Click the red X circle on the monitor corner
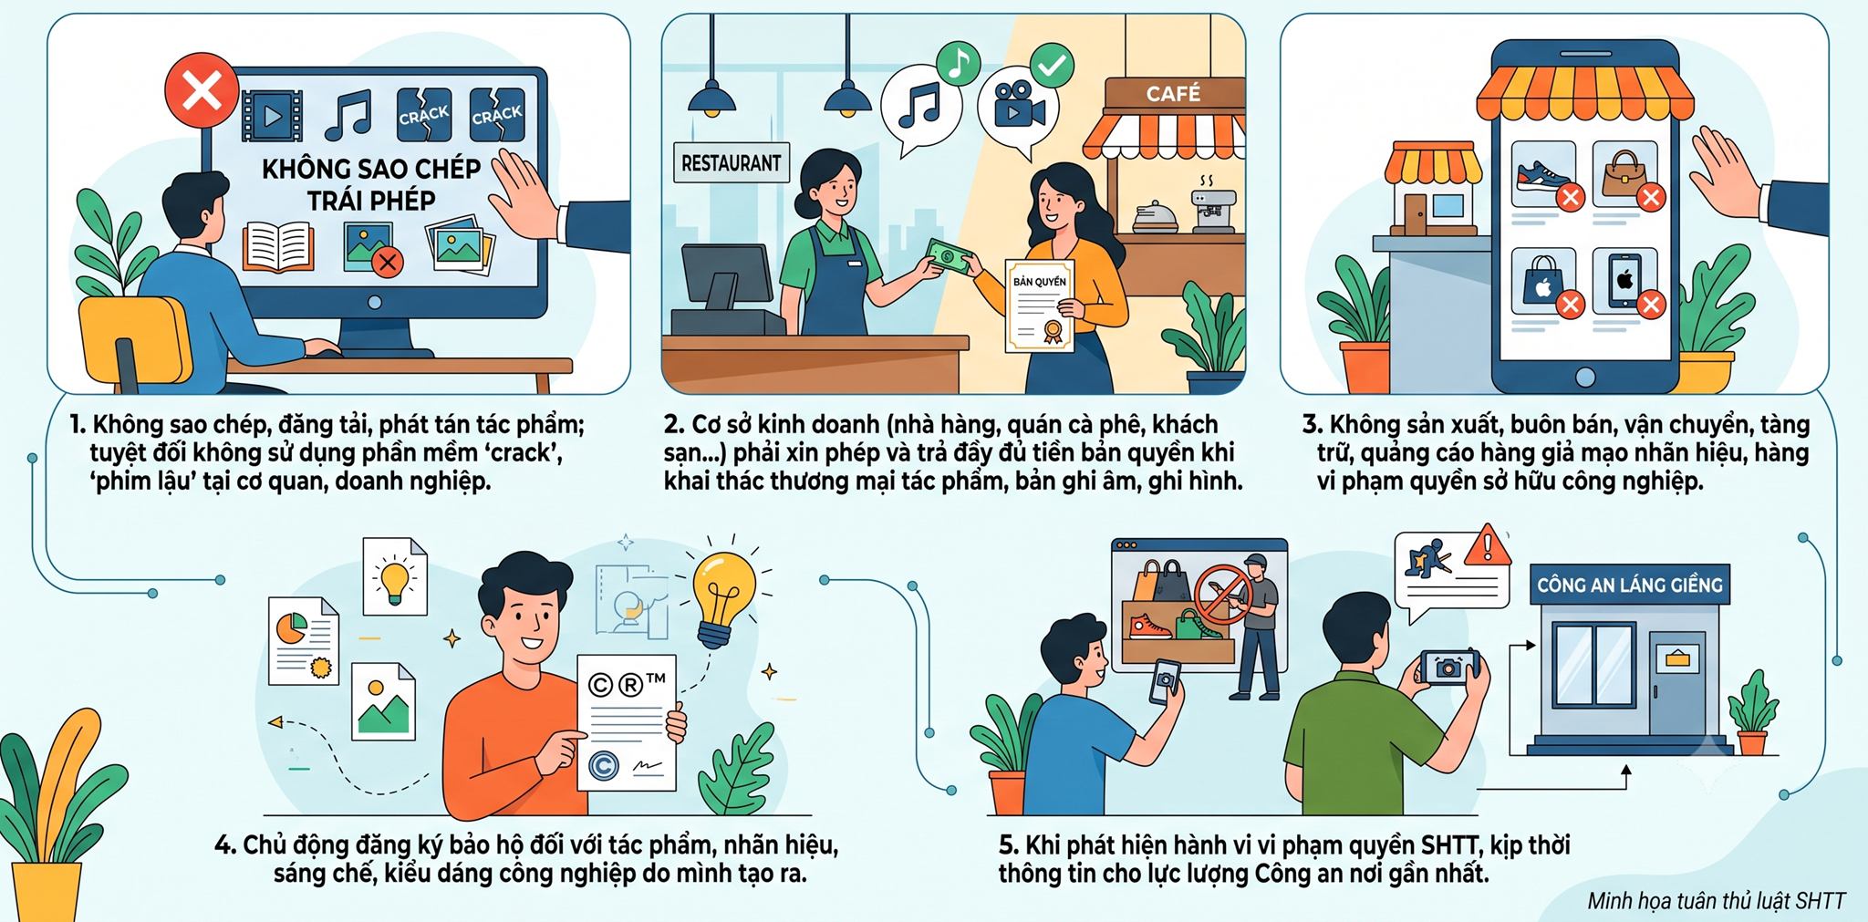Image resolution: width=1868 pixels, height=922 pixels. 202,91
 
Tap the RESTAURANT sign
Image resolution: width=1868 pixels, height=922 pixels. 731,163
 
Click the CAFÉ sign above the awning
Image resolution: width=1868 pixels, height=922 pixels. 1173,94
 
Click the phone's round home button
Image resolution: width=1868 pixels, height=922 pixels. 1585,376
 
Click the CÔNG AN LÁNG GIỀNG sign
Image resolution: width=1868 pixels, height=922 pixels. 1630,585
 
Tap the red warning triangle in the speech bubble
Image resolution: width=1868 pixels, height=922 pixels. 1488,546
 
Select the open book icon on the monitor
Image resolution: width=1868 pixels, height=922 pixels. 279,246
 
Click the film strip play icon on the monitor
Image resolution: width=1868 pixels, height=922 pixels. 272,116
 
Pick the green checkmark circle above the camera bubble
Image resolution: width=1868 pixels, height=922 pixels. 1052,66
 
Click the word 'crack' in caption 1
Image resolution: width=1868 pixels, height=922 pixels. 518,452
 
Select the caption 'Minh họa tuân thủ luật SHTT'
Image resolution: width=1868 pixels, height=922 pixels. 1716,901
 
